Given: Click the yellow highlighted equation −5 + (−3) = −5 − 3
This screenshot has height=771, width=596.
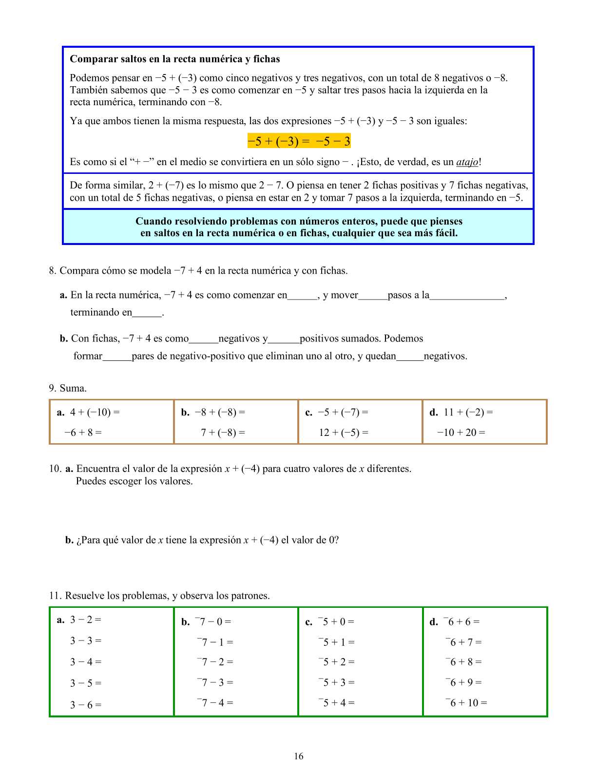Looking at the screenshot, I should (x=299, y=141).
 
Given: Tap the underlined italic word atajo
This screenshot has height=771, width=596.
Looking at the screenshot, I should (x=467, y=162).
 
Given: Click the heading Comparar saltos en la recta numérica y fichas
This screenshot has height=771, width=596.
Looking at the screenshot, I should (x=174, y=59).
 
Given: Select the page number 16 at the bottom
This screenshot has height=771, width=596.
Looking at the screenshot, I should (x=298, y=756).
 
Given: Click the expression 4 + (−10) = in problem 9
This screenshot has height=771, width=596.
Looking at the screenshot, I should (x=95, y=413).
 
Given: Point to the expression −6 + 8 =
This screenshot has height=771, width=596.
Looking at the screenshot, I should (x=83, y=433).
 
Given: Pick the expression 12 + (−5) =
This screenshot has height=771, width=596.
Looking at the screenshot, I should (x=344, y=433).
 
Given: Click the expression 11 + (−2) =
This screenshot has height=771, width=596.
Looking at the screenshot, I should (x=468, y=413).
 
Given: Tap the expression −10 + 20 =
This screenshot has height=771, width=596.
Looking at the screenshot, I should (x=461, y=433).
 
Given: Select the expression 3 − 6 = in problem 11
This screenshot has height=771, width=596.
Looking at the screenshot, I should (x=86, y=705).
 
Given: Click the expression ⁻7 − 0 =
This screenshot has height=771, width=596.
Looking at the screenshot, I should (x=213, y=621).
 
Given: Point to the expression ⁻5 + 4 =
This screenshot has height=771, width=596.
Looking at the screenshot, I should (x=336, y=703).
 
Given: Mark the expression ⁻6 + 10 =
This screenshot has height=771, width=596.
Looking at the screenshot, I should (x=466, y=703).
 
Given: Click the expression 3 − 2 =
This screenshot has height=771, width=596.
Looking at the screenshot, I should (x=86, y=620).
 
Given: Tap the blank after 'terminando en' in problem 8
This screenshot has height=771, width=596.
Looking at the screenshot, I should (x=147, y=313).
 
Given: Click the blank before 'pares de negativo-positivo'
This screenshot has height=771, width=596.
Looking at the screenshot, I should (x=117, y=357).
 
